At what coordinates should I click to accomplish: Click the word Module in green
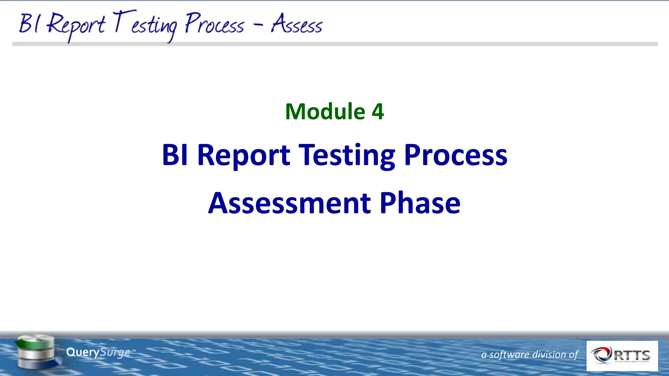pos(325,112)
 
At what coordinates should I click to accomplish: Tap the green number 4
pos(378,112)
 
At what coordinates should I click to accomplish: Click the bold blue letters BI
pos(175,155)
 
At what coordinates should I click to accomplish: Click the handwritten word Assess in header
pos(297,24)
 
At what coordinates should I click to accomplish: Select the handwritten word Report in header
pos(76,25)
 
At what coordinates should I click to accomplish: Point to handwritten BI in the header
pos(29,23)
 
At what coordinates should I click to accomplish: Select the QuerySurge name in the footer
pos(98,352)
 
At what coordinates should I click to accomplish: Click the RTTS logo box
pos(622,356)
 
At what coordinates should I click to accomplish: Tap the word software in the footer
pos(509,354)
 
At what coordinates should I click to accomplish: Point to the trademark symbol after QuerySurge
pos(133,350)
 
